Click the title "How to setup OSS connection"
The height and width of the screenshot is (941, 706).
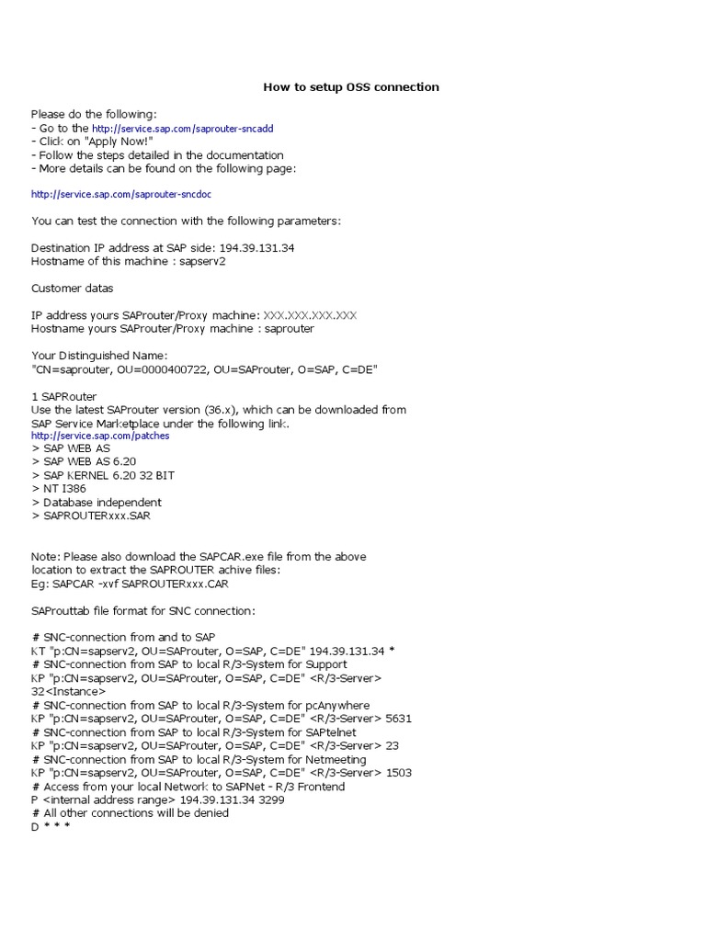tap(351, 87)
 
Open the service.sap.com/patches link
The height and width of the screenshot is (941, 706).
tap(100, 436)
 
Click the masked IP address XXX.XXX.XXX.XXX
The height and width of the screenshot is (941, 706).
tap(310, 315)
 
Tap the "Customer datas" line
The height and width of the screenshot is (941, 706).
tap(73, 289)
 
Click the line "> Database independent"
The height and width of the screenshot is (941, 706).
tap(97, 503)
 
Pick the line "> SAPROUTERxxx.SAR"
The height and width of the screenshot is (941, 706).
tap(91, 516)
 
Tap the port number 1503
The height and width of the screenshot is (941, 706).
tap(399, 773)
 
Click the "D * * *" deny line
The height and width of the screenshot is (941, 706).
tap(51, 826)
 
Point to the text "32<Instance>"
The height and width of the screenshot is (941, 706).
tap(68, 691)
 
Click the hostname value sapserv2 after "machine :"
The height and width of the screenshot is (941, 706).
tap(202, 261)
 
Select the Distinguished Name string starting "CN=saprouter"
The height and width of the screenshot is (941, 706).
tap(204, 368)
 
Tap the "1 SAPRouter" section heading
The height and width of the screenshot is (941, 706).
tap(63, 395)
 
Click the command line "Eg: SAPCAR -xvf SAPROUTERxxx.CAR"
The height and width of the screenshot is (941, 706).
tap(130, 583)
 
